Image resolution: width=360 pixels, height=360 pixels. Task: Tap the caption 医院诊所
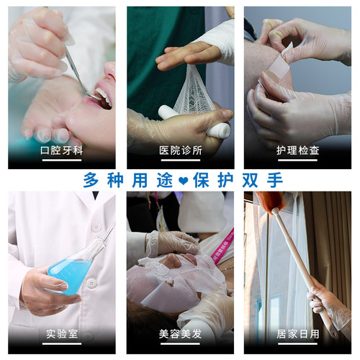click(x=179, y=151)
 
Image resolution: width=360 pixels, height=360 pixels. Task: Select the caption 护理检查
click(x=297, y=151)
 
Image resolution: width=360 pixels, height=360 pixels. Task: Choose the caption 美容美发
click(x=179, y=334)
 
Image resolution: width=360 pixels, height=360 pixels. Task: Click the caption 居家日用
click(x=297, y=334)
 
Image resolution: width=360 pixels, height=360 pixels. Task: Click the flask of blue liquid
click(x=72, y=270)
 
